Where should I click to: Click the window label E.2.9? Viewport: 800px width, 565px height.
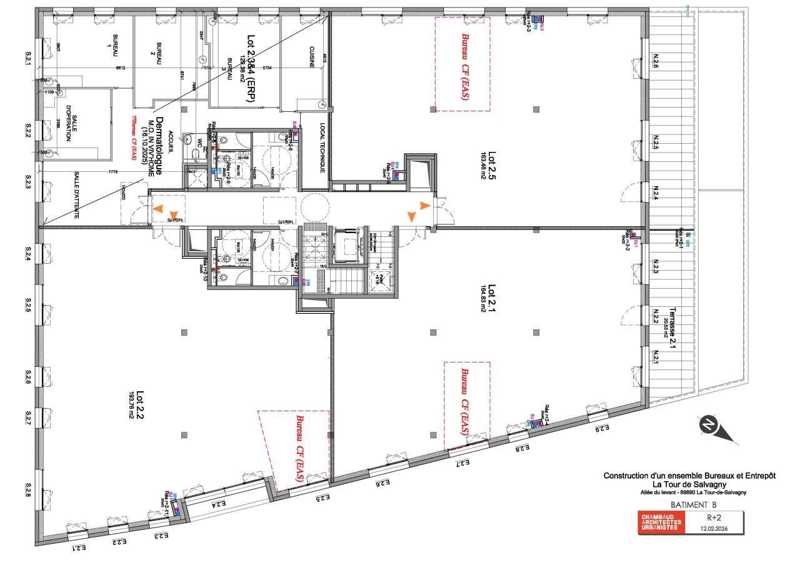click(601, 429)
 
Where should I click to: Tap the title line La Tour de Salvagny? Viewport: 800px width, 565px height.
click(690, 484)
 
